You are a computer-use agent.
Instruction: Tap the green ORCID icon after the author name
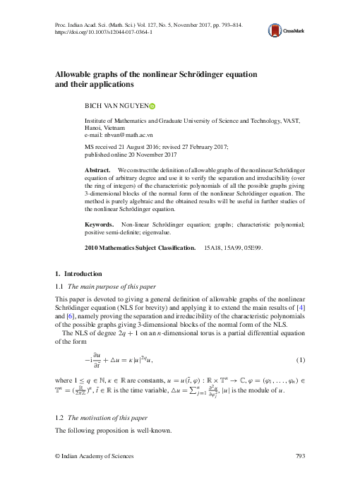(152, 106)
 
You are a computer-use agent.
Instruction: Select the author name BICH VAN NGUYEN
(116, 106)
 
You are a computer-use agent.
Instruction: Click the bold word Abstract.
(97, 172)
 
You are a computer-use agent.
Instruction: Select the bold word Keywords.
(100, 224)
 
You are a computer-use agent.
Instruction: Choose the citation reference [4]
(300, 308)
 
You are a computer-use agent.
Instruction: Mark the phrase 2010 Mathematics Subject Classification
(140, 248)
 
